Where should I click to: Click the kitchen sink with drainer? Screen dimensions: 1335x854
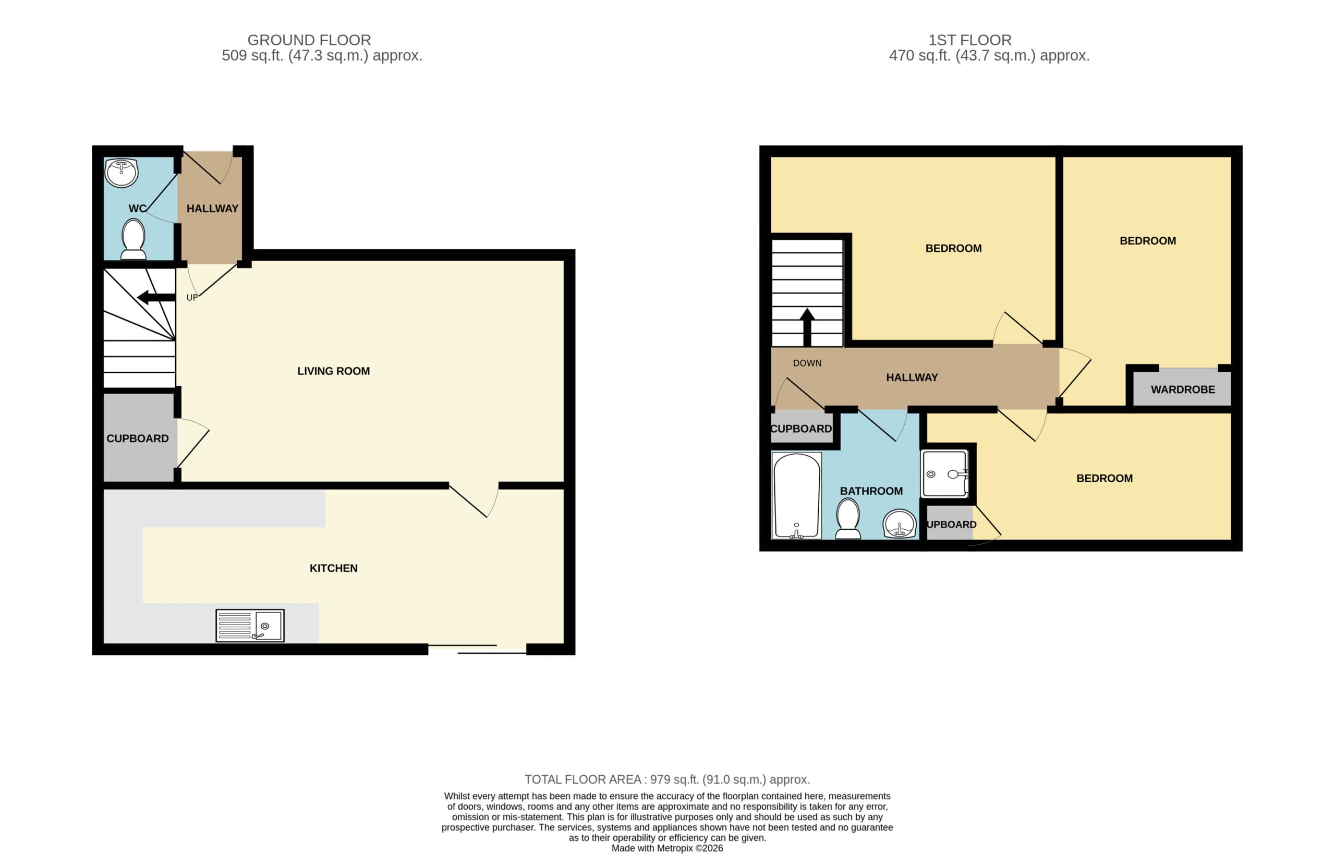coord(250,626)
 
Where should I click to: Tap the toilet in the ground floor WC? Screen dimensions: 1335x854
coord(133,239)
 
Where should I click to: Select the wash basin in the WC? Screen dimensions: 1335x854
coord(122,173)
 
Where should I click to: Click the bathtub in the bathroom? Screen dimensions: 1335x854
coord(796,496)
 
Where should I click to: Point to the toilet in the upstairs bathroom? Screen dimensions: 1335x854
coord(847,518)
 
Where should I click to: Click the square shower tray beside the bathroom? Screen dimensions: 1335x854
coord(944,473)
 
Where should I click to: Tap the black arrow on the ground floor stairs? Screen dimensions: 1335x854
coord(156,298)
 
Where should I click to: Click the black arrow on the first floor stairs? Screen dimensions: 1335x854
coord(807,328)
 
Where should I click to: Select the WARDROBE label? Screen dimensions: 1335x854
coord(1183,389)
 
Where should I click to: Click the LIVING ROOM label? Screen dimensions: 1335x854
coord(333,371)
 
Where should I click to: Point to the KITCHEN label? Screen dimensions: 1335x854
coord(333,568)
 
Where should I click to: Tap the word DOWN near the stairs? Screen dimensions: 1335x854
coord(807,363)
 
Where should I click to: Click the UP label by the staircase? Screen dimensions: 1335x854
coord(192,298)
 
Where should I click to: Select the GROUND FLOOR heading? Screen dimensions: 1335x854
coord(309,40)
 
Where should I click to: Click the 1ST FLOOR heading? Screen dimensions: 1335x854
coord(969,40)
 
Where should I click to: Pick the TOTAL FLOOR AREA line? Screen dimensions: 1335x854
coord(667,779)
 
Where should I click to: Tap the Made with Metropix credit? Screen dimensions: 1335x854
coord(667,848)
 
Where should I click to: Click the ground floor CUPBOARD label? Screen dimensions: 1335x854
coord(138,438)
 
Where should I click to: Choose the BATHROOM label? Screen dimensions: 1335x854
coord(871,491)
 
